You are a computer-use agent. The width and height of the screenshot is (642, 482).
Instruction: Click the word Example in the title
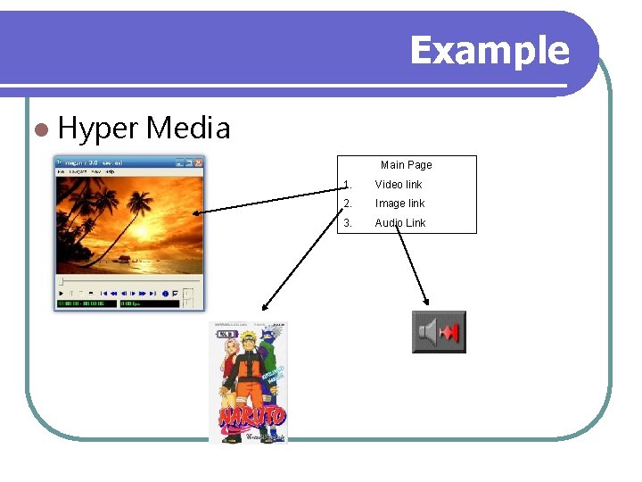[489, 50]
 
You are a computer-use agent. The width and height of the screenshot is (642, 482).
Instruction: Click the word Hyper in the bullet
[98, 129]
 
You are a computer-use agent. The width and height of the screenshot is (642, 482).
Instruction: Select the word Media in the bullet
[188, 129]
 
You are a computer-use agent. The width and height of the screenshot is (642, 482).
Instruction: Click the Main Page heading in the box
[406, 165]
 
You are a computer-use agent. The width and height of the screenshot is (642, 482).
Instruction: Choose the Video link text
[398, 185]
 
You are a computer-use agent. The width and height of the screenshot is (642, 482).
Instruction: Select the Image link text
[399, 204]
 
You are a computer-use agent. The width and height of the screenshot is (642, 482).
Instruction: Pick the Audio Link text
[399, 223]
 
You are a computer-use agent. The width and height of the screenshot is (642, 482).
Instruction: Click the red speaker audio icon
[439, 332]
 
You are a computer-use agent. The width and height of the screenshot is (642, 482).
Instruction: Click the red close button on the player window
[199, 162]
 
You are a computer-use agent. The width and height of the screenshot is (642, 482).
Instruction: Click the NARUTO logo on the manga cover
[252, 416]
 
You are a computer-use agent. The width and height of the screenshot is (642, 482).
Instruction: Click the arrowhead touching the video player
[198, 212]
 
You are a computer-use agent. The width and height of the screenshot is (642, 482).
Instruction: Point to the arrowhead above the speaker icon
[425, 302]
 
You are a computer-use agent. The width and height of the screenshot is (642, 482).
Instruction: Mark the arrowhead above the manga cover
[264, 308]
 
